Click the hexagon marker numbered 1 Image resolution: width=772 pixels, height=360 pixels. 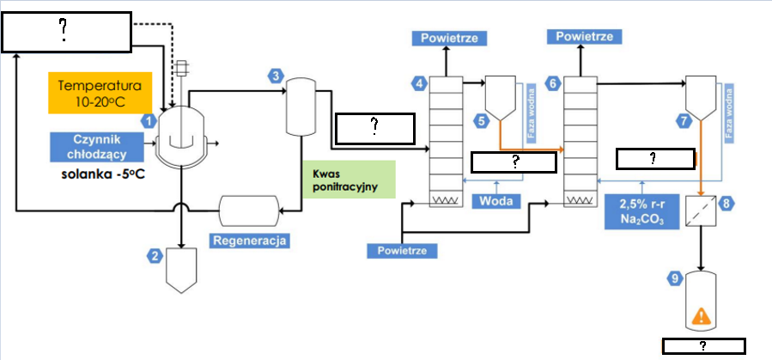pos(148,121)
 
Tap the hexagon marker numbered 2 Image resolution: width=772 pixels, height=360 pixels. pos(155,255)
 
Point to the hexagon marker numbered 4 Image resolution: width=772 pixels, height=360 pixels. pos(419,83)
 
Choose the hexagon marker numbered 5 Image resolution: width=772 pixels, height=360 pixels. pos(482,121)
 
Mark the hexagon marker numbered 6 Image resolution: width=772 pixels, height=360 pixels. pos(553,83)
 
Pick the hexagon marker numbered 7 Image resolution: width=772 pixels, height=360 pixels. pos(684,121)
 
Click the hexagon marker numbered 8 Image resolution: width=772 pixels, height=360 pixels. pos(726,204)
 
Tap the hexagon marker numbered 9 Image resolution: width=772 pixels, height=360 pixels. pos(676,278)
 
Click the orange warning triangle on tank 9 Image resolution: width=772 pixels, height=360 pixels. pos(701,316)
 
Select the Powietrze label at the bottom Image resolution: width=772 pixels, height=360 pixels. pos(402,251)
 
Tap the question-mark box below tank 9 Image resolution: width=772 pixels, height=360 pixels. pos(703,345)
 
